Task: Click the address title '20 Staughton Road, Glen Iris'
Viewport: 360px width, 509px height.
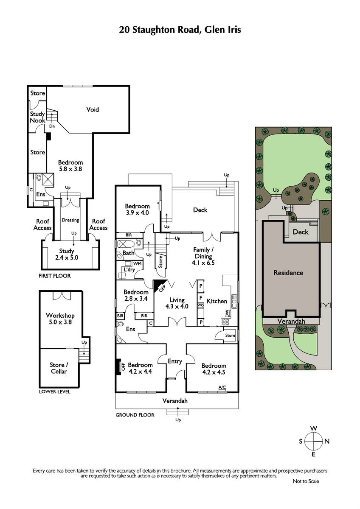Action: click(180, 30)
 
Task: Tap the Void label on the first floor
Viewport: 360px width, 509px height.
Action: click(93, 109)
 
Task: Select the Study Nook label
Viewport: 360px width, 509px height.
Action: click(37, 117)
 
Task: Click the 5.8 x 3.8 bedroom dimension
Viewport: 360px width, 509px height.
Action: click(70, 169)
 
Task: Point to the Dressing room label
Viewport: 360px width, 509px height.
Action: click(70, 220)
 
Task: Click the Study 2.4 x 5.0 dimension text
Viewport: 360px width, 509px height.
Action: click(67, 258)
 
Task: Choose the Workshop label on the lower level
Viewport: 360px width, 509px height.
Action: click(60, 316)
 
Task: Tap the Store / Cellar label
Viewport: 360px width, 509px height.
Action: click(59, 368)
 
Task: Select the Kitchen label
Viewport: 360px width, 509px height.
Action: click(217, 301)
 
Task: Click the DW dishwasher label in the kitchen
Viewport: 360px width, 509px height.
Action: click(227, 314)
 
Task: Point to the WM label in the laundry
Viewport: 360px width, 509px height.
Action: click(138, 263)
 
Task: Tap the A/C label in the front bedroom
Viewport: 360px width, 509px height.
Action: click(222, 387)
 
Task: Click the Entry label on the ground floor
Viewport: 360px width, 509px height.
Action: click(175, 361)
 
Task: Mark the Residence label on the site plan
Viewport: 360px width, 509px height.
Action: click(288, 273)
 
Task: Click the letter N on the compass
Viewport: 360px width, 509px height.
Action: click(327, 442)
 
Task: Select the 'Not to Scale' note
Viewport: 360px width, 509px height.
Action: click(306, 481)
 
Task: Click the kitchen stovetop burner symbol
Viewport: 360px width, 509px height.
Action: click(225, 322)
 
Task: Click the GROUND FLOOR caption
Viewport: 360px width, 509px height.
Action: click(135, 415)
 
